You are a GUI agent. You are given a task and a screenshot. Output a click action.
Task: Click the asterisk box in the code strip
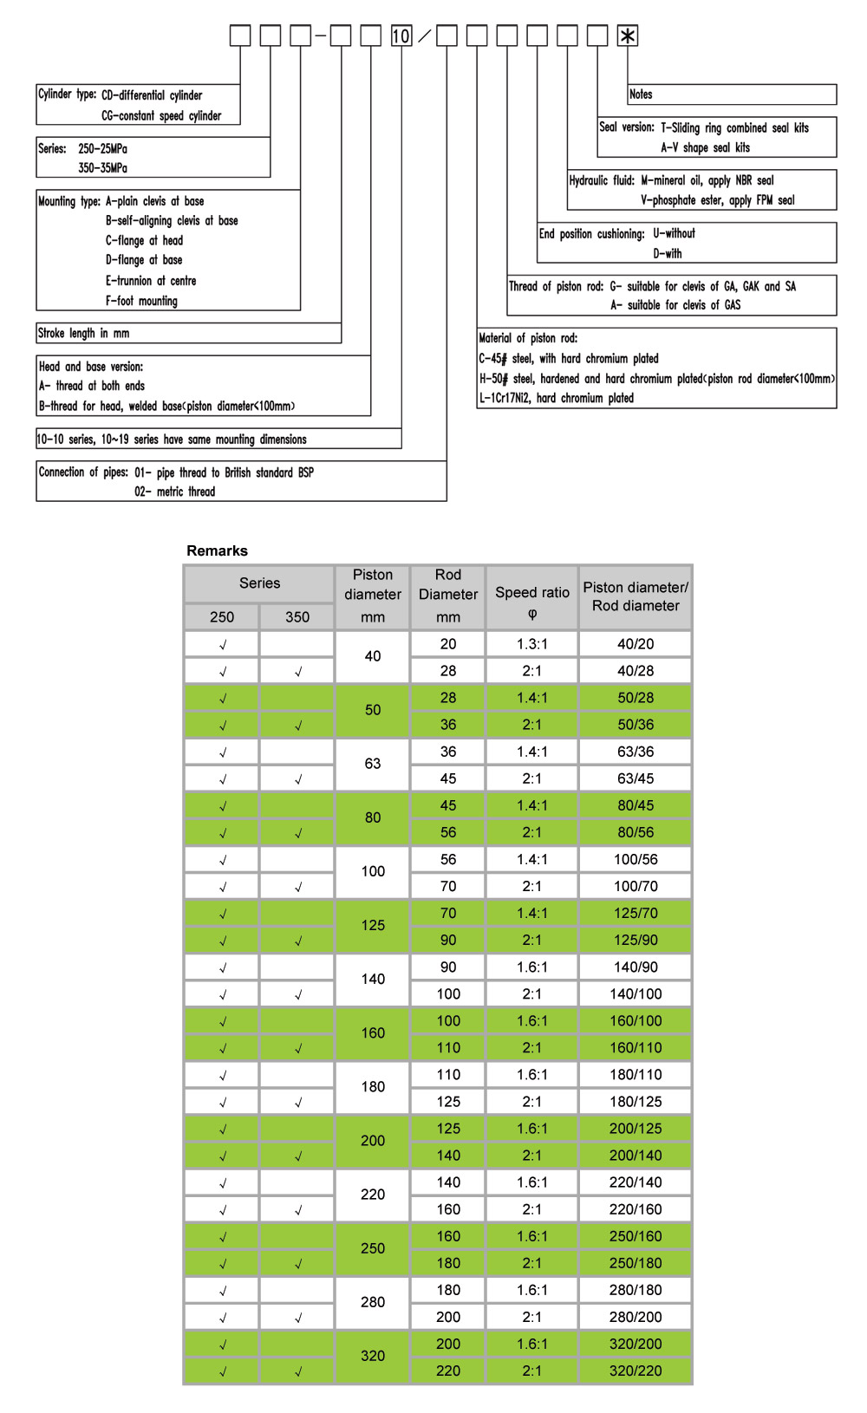pos(628,36)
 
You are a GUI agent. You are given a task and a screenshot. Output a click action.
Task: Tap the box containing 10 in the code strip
pos(401,36)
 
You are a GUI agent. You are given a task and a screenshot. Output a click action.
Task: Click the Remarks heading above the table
pos(217,550)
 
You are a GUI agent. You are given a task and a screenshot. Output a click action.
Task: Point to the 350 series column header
pos(297,617)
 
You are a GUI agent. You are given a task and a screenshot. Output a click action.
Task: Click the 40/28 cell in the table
pos(636,671)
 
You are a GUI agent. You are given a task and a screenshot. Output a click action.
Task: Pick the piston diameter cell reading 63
pos(373,764)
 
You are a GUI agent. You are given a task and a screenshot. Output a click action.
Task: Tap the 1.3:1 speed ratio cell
pos(532,644)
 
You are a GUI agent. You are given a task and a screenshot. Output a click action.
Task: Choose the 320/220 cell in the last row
pos(636,1371)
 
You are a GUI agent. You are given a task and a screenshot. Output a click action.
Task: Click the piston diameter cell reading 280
pos(373,1302)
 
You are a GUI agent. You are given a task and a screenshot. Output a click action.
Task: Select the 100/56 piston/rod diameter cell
pos(636,859)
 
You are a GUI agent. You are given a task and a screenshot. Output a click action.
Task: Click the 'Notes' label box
pos(641,94)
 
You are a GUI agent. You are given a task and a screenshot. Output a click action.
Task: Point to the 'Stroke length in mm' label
pos(83,333)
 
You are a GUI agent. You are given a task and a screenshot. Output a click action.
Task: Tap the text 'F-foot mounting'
pos(141,301)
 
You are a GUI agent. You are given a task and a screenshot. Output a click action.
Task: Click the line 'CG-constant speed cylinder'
pos(161,115)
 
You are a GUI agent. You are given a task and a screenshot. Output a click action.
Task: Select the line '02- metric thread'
pos(174,492)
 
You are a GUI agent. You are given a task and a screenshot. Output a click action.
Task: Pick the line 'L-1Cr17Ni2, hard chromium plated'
pos(557,398)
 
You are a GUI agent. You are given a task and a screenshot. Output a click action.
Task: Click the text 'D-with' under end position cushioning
pos(667,253)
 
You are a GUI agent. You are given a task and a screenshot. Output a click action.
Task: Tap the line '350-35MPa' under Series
pos(102,167)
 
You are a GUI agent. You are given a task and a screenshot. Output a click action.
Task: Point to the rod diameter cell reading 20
pos(448,644)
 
